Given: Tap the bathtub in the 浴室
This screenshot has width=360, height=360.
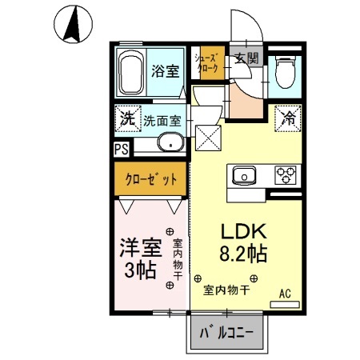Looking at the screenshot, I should click(132, 74).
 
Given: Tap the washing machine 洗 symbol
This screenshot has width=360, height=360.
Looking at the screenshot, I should click(126, 117).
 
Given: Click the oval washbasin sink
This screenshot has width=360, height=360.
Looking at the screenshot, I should click(170, 144).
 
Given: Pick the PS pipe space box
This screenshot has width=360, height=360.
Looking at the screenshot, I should click(121, 148).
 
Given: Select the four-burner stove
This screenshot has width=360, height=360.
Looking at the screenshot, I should click(286, 174).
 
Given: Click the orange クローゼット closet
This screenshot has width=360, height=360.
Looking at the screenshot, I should click(150, 180).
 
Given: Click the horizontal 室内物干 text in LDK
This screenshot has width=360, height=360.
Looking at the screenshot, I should click(226, 290).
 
